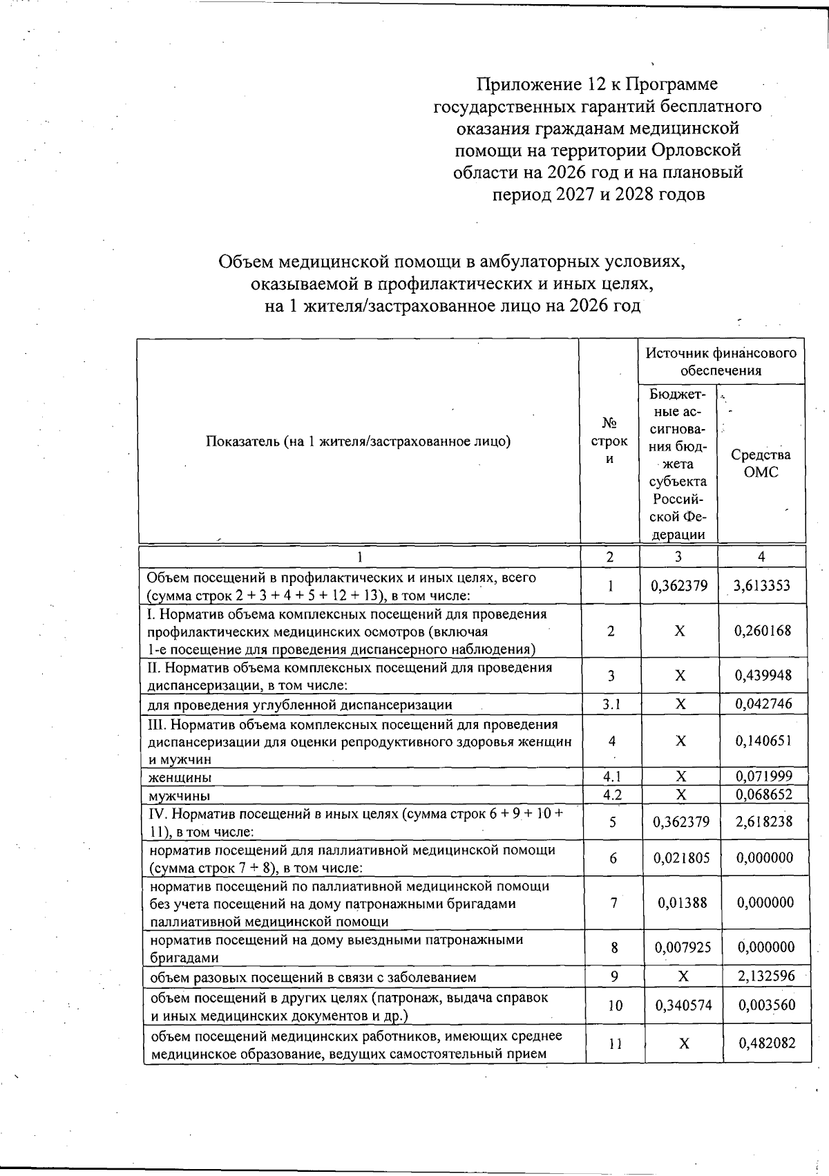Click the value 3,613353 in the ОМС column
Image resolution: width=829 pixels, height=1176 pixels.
762,586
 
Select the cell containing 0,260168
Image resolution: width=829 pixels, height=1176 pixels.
763,631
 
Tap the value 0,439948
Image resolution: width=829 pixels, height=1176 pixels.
763,675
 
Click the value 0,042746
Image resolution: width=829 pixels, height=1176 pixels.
763,704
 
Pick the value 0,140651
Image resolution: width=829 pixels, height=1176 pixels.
763,741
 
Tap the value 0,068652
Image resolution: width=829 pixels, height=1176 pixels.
763,795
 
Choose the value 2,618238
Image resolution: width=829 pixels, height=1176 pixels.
763,822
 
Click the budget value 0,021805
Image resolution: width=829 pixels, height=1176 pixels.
680,858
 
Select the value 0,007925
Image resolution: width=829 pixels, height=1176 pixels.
680,947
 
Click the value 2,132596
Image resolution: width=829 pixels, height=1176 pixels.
763,976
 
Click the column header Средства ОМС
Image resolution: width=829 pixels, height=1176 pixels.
761,463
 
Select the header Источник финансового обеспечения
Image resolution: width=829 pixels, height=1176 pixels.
721,361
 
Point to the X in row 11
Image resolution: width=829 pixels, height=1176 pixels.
683,1044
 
